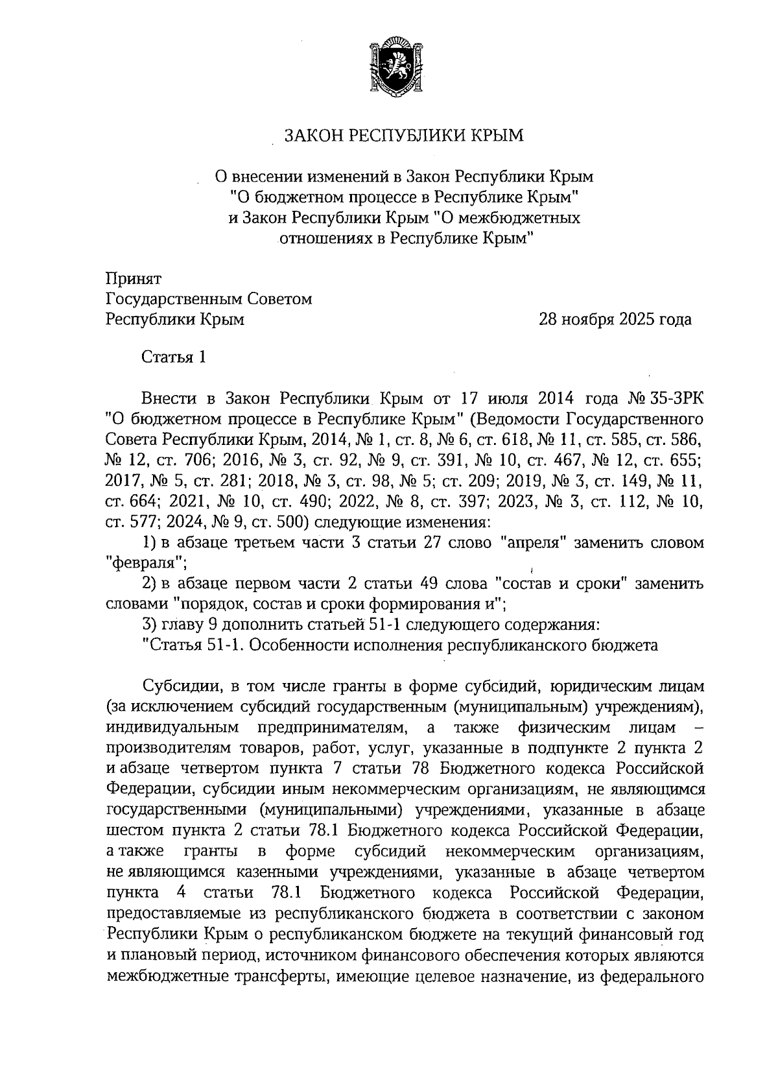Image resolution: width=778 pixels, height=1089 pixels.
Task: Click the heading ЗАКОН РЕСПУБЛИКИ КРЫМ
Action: click(403, 136)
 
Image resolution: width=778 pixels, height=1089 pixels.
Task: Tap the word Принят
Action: click(133, 278)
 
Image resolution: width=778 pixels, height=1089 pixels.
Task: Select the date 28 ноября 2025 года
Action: click(615, 319)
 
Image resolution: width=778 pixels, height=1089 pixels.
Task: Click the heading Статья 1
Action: click(174, 357)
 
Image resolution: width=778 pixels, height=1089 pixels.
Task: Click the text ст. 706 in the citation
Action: click(185, 459)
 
